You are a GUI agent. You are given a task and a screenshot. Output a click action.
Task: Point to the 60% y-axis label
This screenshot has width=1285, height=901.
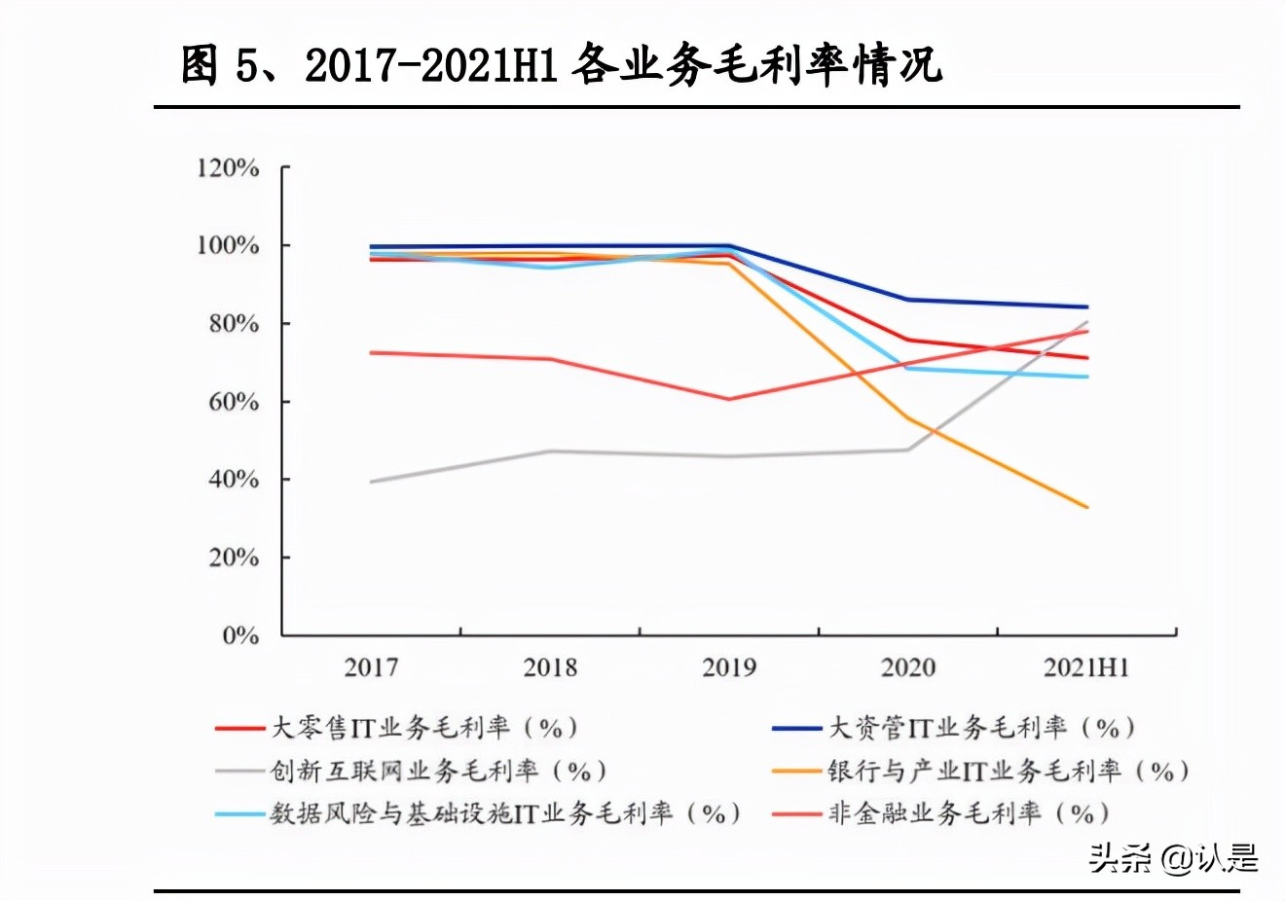click(x=234, y=402)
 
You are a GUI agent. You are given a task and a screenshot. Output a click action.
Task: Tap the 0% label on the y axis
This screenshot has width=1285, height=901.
click(x=240, y=636)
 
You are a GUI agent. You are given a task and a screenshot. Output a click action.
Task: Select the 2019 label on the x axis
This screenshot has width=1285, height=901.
click(x=729, y=667)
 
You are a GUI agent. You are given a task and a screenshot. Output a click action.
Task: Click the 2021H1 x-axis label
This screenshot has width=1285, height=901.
click(x=1086, y=667)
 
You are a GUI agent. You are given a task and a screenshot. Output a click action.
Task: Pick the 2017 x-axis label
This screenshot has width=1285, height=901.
click(x=371, y=667)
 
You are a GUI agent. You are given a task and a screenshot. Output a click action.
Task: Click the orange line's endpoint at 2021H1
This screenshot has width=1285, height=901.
click(x=1087, y=507)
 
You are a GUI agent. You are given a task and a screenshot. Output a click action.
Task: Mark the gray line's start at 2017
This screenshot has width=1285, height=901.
click(x=371, y=482)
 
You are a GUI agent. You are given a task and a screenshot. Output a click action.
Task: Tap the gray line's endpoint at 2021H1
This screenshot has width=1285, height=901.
click(x=1087, y=322)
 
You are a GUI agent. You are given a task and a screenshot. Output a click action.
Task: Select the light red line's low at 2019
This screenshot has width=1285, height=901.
click(x=729, y=399)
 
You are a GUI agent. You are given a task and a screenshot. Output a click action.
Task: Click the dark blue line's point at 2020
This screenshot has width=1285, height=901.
click(x=908, y=300)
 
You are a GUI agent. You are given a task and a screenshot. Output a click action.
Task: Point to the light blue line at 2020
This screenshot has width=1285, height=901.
click(x=908, y=368)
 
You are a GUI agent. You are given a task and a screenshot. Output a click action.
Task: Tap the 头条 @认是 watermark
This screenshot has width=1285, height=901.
click(x=1173, y=857)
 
